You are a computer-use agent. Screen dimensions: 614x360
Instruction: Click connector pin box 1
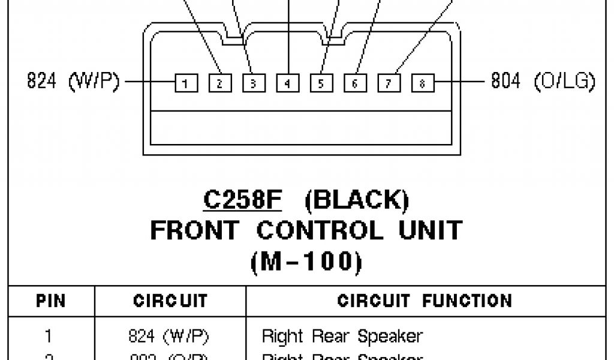click(x=186, y=83)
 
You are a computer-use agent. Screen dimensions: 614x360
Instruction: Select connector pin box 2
click(x=219, y=83)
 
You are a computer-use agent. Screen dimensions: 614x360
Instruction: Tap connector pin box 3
click(x=253, y=83)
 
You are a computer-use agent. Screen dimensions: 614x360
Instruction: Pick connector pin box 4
click(x=287, y=83)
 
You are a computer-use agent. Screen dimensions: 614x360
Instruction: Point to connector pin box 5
click(x=321, y=83)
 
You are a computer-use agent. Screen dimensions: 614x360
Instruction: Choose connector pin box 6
click(x=355, y=83)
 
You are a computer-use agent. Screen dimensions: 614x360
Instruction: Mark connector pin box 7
click(x=389, y=83)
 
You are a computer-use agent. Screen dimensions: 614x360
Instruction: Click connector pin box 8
click(x=422, y=83)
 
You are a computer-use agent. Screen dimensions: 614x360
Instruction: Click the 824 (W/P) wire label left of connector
click(x=74, y=81)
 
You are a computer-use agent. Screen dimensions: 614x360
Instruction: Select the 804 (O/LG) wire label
click(x=543, y=81)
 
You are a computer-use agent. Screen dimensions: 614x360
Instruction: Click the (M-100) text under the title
click(x=306, y=260)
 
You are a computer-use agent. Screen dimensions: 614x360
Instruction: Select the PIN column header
click(x=52, y=300)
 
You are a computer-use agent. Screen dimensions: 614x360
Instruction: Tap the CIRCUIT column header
click(x=170, y=300)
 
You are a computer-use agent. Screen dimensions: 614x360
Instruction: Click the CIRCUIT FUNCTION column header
click(x=425, y=300)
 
